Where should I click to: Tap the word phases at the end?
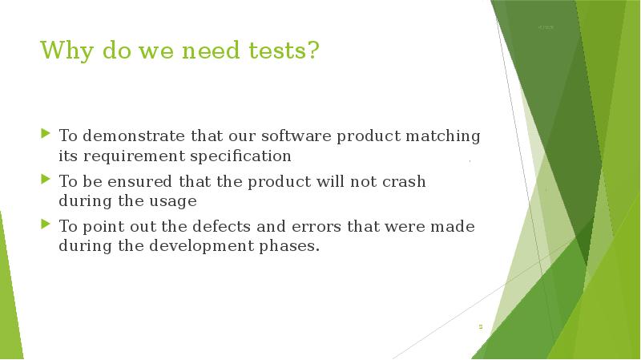point(290,245)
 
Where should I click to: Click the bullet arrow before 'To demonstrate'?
point(46,133)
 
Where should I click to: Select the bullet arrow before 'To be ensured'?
point(46,178)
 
